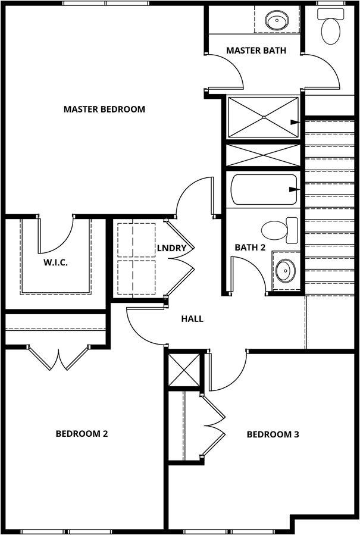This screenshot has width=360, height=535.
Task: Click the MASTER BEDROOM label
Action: pyautogui.click(x=104, y=109)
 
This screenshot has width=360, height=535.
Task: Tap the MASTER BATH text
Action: pyautogui.click(x=256, y=51)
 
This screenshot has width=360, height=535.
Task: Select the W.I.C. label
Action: pyautogui.click(x=55, y=262)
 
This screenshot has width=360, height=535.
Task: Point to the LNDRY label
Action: pyautogui.click(x=171, y=248)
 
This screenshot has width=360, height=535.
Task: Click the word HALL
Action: pyautogui.click(x=192, y=319)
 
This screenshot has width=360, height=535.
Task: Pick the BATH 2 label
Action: pyautogui.click(x=250, y=248)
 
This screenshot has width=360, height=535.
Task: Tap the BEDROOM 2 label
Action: pyautogui.click(x=82, y=434)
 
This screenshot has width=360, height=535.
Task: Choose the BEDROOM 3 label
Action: pyautogui.click(x=273, y=434)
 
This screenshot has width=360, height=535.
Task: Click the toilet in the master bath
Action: pyautogui.click(x=331, y=26)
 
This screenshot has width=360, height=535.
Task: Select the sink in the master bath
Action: pyautogui.click(x=277, y=20)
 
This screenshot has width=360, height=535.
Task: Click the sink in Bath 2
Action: pyautogui.click(x=285, y=270)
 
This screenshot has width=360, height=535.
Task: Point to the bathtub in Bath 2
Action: pyautogui.click(x=264, y=190)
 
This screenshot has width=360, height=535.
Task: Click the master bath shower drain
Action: pyautogui.click(x=264, y=117)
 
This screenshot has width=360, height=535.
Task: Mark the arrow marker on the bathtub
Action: pyautogui.click(x=295, y=189)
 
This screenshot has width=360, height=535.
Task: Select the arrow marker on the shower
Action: pyautogui.click(x=295, y=122)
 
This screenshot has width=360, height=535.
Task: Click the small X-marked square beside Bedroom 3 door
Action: pyautogui.click(x=184, y=370)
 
